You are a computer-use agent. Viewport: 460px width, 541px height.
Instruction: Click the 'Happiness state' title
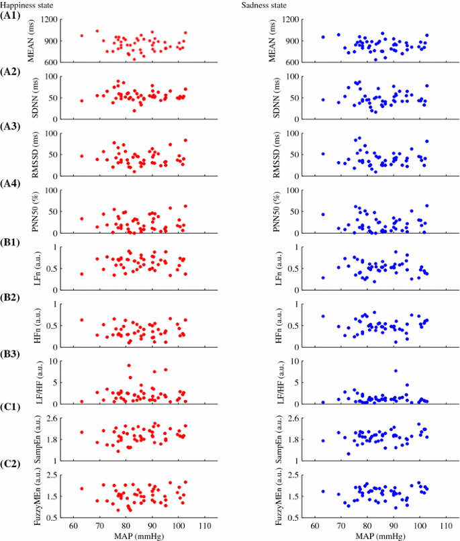[x=28, y=5]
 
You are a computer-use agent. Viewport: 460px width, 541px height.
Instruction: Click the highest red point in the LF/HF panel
[x=129, y=366]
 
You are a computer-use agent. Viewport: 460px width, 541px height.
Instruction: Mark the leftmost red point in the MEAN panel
[x=82, y=36]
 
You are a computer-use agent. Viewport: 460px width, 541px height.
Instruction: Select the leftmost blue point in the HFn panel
[x=323, y=316]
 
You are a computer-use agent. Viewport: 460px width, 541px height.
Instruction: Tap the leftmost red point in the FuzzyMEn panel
[x=82, y=489]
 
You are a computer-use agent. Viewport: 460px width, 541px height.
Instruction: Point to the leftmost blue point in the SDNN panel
[x=323, y=99]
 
